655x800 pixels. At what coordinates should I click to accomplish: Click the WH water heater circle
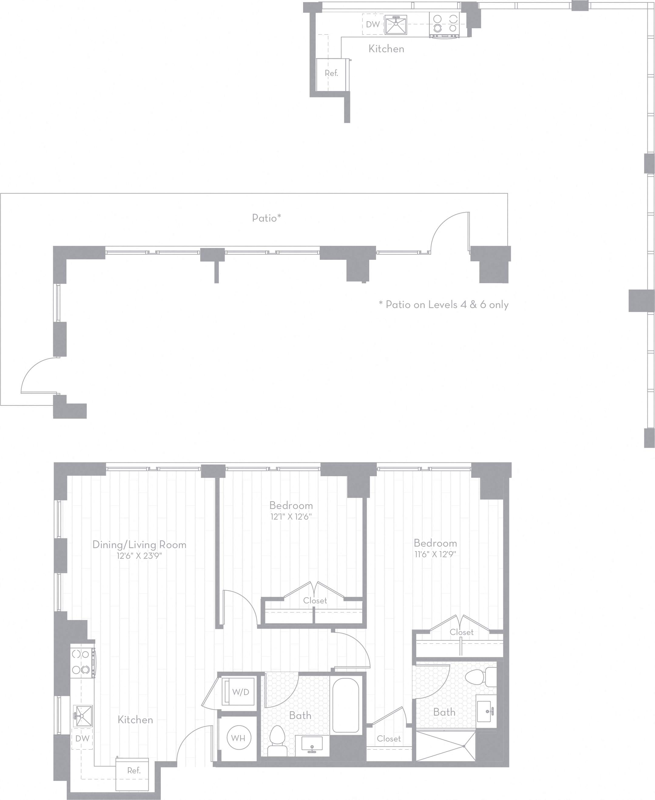(x=238, y=738)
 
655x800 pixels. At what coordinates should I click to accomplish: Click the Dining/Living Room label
(x=140, y=544)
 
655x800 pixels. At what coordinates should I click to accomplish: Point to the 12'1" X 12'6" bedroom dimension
(x=291, y=517)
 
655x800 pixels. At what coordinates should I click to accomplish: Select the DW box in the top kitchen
(x=373, y=25)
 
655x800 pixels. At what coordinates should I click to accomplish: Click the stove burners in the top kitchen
(x=444, y=23)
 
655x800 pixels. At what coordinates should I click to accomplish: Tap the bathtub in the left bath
(x=345, y=704)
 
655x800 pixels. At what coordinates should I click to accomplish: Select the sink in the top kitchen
(x=396, y=24)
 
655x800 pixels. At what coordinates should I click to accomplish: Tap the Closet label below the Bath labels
(x=389, y=738)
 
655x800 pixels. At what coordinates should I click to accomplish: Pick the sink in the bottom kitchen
(x=83, y=716)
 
